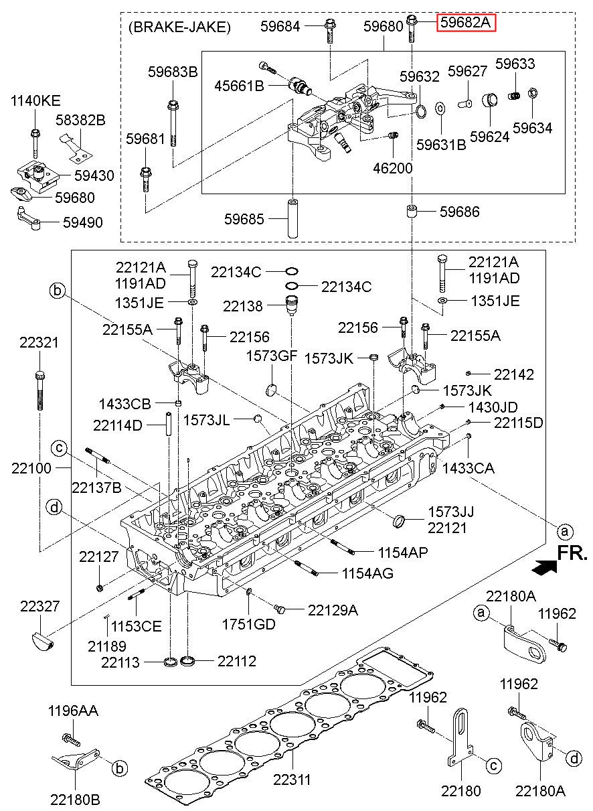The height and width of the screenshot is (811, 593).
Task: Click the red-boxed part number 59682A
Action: [x=466, y=23]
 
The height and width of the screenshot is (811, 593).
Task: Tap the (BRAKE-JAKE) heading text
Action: [x=179, y=27]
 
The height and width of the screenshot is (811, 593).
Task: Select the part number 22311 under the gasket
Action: [x=292, y=779]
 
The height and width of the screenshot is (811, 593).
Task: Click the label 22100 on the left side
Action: [x=31, y=468]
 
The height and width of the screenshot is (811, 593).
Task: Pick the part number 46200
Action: [x=393, y=168]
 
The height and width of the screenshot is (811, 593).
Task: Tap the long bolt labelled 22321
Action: [x=39, y=390]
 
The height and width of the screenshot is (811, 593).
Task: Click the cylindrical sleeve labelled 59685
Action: [x=292, y=218]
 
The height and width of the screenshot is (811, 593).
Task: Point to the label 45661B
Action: [x=239, y=86]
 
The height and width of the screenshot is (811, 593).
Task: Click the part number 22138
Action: [x=242, y=306]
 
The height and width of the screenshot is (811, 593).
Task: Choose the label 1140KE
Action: [x=35, y=100]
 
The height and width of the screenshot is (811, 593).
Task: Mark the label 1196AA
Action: [x=73, y=711]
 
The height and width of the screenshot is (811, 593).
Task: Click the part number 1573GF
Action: [x=271, y=356]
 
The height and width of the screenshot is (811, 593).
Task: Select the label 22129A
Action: [x=333, y=610]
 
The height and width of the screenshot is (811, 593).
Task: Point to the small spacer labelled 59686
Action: [x=412, y=211]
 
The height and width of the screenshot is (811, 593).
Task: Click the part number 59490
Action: [x=83, y=222]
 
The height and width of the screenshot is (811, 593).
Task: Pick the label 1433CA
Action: [x=469, y=469]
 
